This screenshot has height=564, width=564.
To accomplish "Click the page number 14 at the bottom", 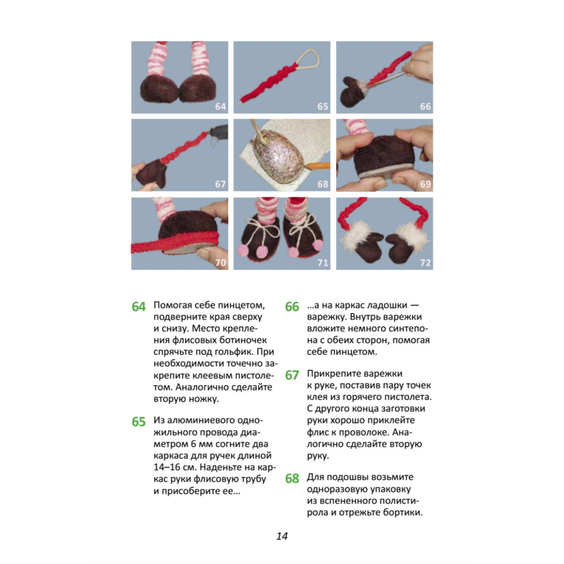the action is [x=282, y=536].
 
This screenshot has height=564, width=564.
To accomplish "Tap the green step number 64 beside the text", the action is [x=139, y=306].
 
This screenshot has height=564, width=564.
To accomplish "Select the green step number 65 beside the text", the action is [x=139, y=421].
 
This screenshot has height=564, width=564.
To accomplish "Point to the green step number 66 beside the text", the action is [x=292, y=306].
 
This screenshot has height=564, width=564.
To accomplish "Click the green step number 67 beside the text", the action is [x=292, y=375].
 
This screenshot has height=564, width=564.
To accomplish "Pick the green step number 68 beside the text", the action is [x=292, y=478].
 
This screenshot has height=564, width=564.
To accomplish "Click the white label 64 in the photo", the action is [x=221, y=107].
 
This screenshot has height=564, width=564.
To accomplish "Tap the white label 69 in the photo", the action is [x=425, y=184].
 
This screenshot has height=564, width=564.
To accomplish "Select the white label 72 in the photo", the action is [x=425, y=263].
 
